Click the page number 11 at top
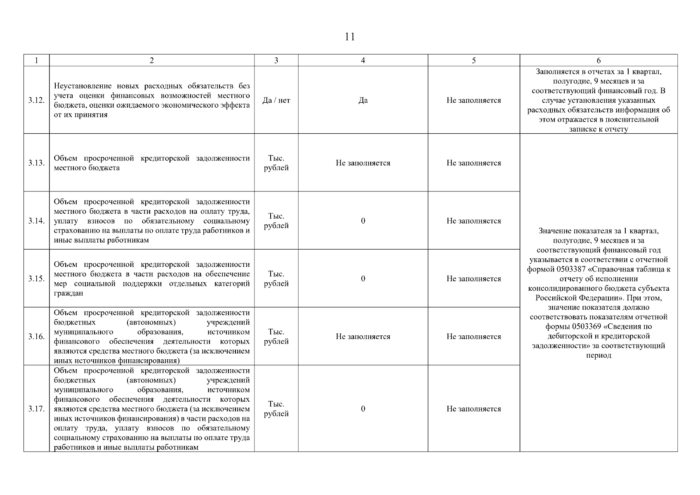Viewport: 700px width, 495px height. (349, 37)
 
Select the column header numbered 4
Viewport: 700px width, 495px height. (363, 61)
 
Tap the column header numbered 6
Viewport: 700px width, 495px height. (599, 61)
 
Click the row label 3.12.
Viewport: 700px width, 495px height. (36, 100)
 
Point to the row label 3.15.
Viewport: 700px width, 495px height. (36, 279)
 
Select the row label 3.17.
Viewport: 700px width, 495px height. (36, 409)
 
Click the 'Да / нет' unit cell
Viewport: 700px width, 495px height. (276, 100)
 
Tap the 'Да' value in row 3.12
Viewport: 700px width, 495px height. (363, 100)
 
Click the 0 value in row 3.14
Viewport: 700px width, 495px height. (363, 221)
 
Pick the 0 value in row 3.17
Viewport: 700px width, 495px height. (363, 409)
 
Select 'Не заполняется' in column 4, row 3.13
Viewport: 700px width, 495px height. (363, 163)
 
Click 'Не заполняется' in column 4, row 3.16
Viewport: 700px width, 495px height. (363, 337)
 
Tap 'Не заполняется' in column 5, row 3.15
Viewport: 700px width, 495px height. (474, 279)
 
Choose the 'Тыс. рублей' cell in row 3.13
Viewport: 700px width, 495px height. (276, 163)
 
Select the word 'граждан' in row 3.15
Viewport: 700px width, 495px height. (68, 293)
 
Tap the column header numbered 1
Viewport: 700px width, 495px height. (36, 61)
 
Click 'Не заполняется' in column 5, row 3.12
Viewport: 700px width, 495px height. (474, 100)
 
